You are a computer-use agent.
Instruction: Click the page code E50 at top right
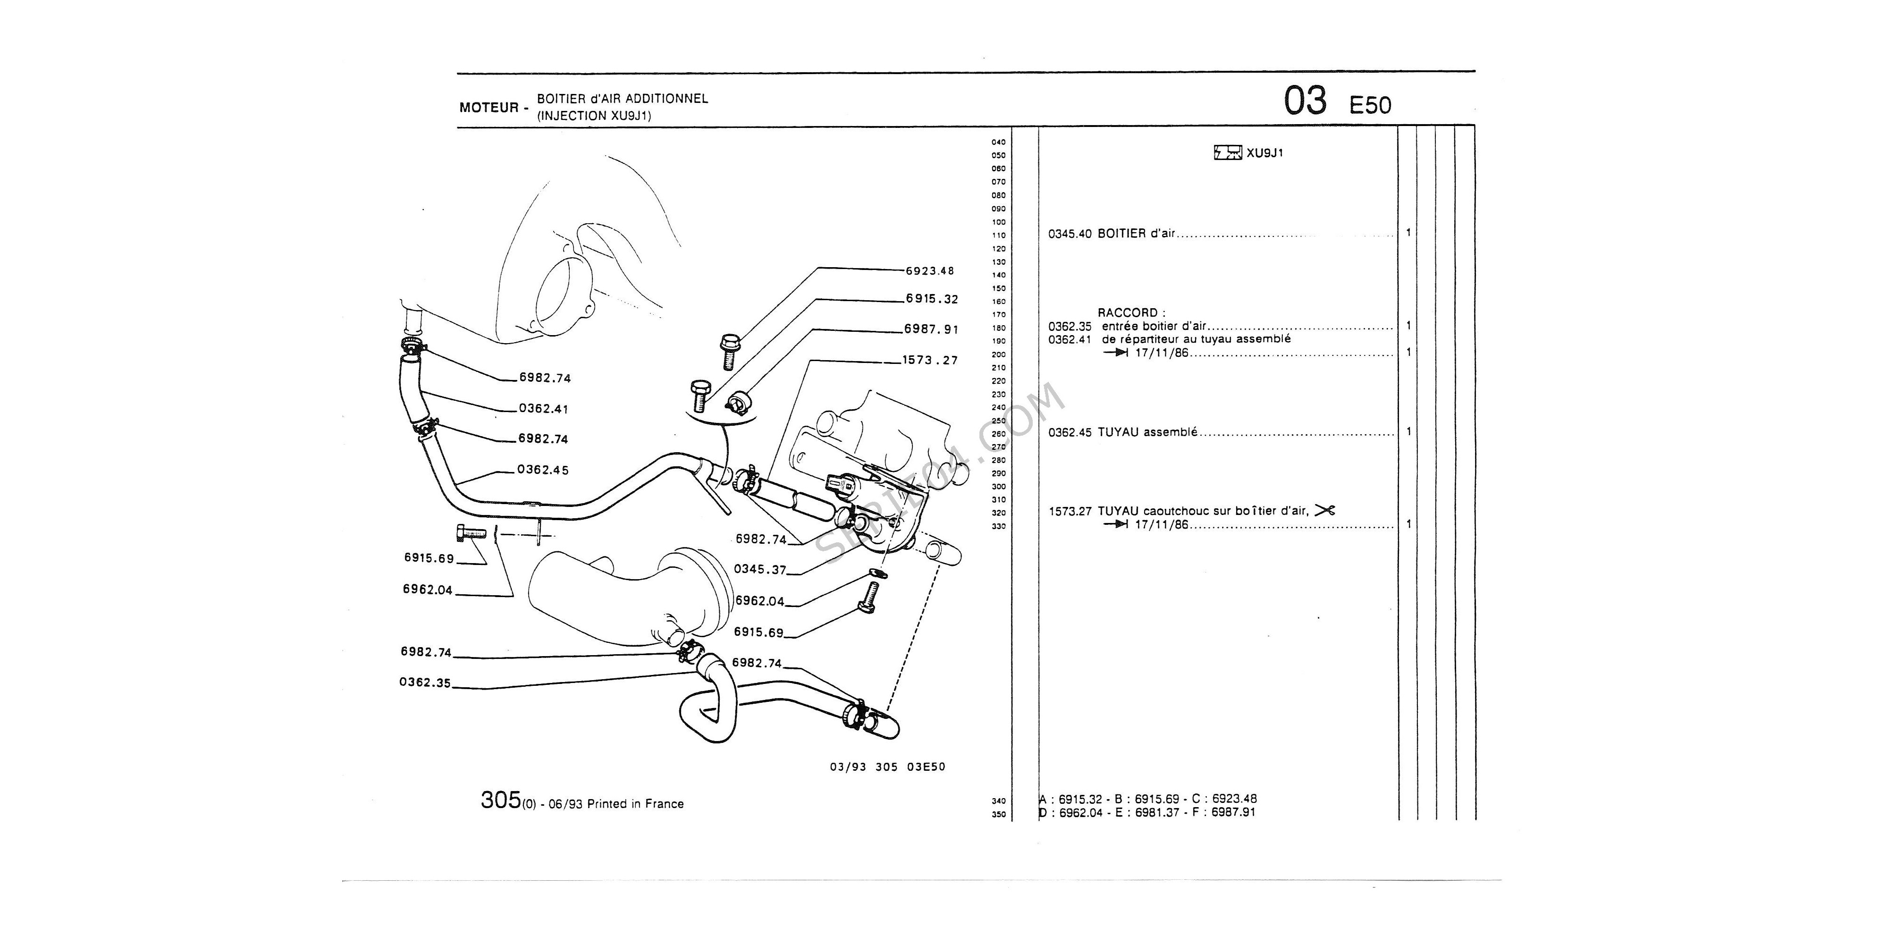1370,106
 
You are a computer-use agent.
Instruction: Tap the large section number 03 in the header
1305,101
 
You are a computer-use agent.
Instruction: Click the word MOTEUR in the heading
488,108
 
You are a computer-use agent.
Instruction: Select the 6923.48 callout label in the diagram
930,270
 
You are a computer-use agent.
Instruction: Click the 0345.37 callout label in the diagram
760,570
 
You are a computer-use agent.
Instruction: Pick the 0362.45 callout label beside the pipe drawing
543,469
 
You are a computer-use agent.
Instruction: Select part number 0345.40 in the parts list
1070,234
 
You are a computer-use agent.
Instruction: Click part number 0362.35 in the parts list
1070,326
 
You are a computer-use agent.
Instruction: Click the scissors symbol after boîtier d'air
1325,510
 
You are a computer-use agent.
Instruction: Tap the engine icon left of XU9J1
1228,153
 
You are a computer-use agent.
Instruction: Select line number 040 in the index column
998,142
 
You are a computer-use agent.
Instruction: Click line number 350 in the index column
998,814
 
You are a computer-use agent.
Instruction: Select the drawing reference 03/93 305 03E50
887,767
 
